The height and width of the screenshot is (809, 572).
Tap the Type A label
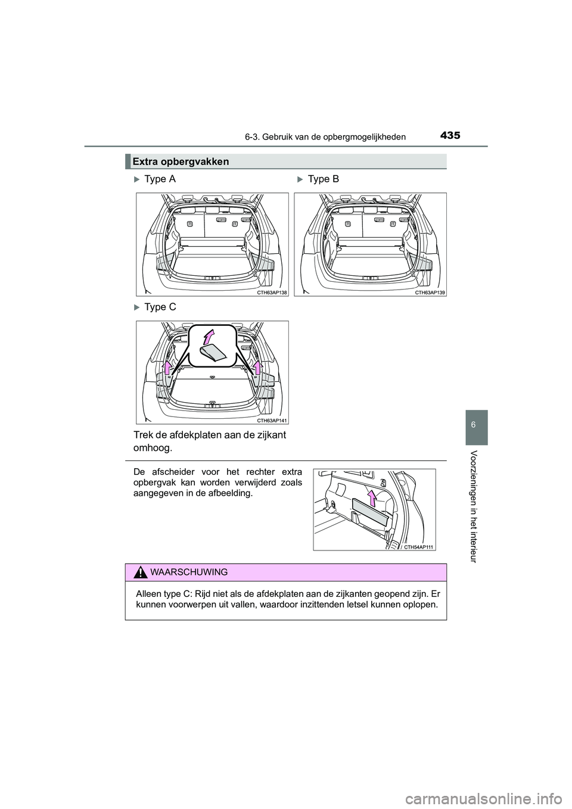point(160,179)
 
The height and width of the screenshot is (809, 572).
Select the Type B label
point(324,179)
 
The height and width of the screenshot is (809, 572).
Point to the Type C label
point(160,307)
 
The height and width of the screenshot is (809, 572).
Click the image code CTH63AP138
point(273,293)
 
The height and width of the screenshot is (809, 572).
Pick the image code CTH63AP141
point(273,421)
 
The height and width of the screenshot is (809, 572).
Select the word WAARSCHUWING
point(189,572)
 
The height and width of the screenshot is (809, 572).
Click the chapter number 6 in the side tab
point(473,427)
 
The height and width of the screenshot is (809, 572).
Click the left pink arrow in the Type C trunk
point(169,367)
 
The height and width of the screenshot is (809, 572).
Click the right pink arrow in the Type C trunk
point(257,367)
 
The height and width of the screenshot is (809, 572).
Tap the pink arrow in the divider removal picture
point(372,497)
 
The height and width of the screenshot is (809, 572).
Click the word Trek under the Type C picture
point(147,435)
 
